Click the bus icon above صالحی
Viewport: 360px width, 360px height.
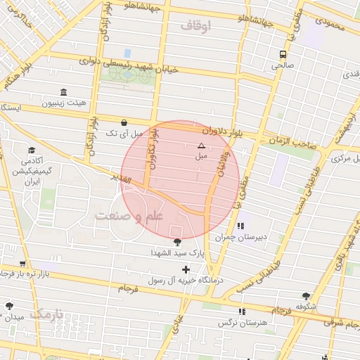click(x=283, y=54)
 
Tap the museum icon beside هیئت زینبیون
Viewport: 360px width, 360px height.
click(x=64, y=92)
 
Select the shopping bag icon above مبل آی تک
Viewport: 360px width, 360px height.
click(x=124, y=121)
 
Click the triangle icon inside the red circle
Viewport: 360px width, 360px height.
click(x=202, y=146)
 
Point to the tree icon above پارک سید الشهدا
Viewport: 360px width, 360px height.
click(x=176, y=242)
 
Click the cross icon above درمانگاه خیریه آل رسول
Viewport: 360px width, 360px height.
click(x=186, y=269)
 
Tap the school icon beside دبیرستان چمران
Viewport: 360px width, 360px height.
click(x=241, y=226)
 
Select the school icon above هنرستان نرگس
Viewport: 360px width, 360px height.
click(x=243, y=311)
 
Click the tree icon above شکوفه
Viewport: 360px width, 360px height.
click(x=306, y=297)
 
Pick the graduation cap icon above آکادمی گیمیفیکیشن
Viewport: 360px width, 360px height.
click(x=32, y=150)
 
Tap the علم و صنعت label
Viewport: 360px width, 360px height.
click(x=130, y=215)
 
